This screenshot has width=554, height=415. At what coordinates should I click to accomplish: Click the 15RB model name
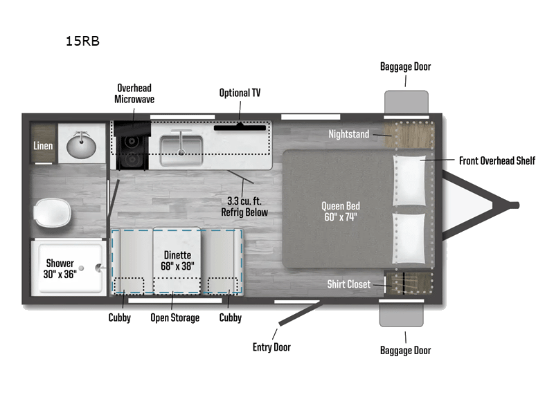[82, 41]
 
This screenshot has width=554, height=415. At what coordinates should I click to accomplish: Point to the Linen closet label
[43, 146]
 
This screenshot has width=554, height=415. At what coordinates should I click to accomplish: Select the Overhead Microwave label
[134, 93]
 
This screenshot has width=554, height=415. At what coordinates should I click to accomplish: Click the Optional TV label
[240, 93]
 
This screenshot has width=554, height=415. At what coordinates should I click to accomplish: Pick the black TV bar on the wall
[240, 127]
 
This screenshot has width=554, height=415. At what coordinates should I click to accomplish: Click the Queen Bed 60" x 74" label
[340, 212]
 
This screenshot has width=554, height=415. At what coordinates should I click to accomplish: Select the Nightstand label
[349, 134]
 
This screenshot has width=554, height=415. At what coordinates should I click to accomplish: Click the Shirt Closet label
[348, 284]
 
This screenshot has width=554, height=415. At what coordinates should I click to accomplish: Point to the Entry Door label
[271, 347]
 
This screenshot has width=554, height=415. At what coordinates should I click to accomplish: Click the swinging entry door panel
[298, 314]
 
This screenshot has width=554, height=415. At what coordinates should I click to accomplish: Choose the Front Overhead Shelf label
[497, 160]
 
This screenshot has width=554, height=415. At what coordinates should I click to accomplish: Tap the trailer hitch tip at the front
[514, 205]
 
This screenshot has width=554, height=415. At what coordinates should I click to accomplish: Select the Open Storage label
[175, 317]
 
